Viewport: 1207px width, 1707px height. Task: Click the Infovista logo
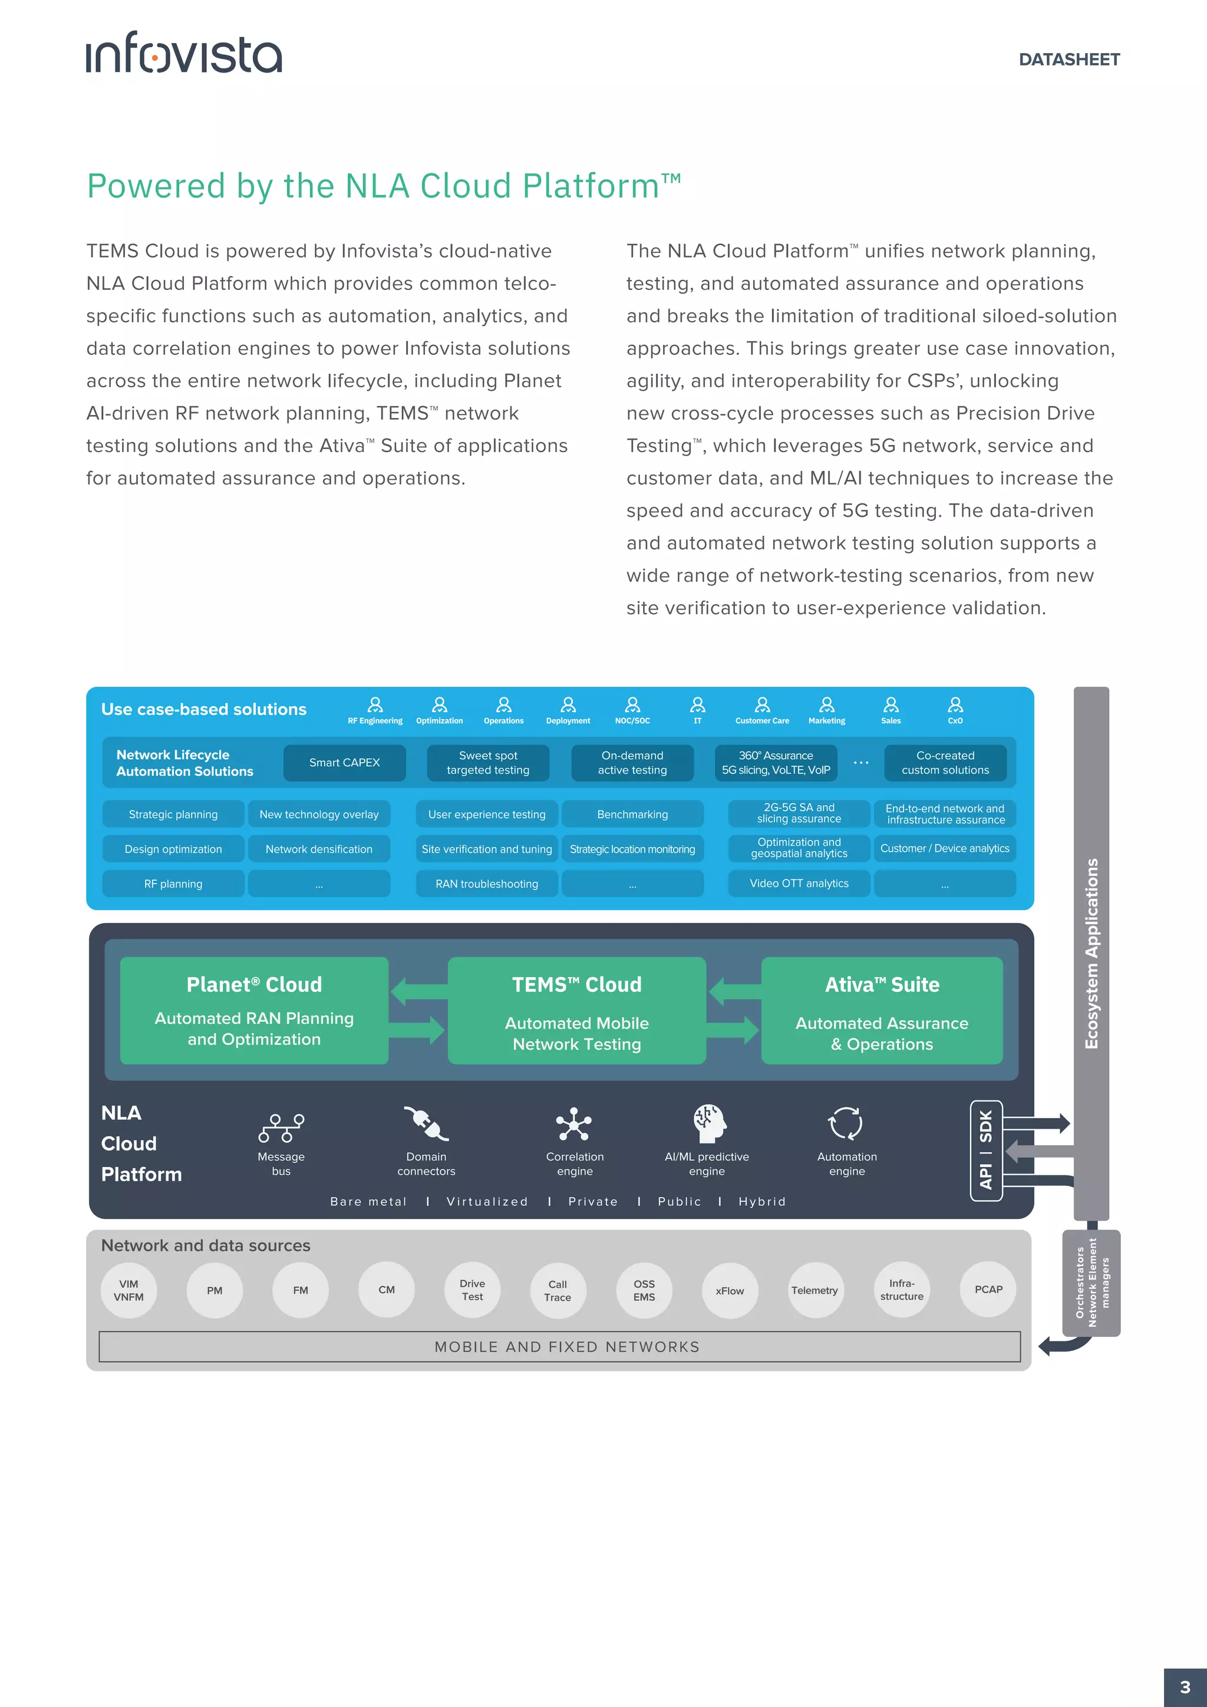point(183,53)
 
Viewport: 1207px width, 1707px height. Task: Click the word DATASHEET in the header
point(1069,60)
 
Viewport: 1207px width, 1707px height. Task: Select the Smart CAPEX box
point(344,763)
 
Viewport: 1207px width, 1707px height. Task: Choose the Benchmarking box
point(632,814)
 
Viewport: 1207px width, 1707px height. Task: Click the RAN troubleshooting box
point(486,883)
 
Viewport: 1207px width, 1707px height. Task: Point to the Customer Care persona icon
point(762,704)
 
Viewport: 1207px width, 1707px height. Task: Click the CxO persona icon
point(955,704)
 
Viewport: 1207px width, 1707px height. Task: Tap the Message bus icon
point(281,1127)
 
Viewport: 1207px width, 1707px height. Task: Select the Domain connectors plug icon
point(426,1123)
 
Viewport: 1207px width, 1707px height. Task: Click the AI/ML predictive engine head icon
point(708,1123)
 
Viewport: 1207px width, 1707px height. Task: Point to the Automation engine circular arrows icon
point(846,1123)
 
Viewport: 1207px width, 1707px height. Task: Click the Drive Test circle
point(472,1290)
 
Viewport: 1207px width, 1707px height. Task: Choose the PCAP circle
point(988,1290)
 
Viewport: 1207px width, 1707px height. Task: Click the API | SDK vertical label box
point(985,1150)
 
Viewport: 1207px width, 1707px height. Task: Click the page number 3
point(1185,1687)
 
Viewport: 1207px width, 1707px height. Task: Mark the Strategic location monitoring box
point(632,849)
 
